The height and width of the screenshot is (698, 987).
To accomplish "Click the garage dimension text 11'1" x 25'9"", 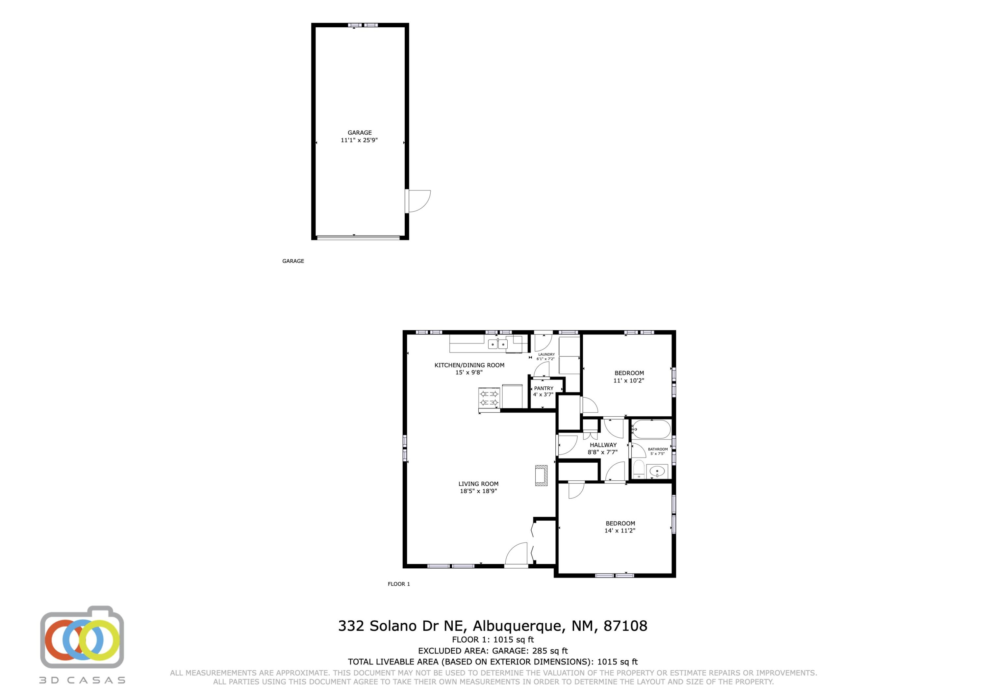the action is click(359, 140).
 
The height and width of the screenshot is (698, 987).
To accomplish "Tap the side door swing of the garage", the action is click(419, 201).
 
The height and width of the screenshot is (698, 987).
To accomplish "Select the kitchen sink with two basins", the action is click(498, 344).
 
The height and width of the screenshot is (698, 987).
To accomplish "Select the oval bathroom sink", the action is click(657, 472).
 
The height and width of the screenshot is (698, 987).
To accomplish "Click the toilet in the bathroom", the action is click(639, 469).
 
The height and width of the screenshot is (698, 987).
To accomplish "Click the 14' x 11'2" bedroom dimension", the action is click(620, 531).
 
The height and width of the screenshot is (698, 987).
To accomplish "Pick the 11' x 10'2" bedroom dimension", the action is click(629, 381).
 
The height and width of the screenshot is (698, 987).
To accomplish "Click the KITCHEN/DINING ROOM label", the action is click(469, 365).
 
